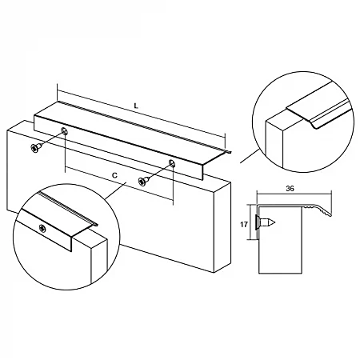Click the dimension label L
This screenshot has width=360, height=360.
[138, 104]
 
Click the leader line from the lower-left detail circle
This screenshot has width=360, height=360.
[114, 190]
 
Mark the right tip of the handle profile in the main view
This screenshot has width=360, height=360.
[230, 152]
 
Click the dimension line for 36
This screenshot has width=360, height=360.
[292, 196]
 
